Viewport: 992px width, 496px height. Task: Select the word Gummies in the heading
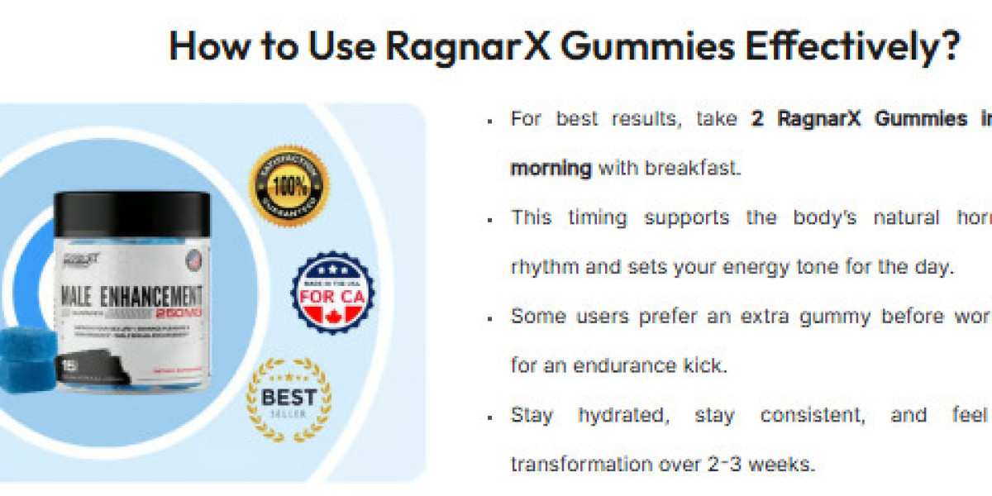[646, 47]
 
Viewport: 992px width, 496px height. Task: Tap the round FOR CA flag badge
[332, 293]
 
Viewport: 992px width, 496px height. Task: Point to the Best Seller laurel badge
[288, 399]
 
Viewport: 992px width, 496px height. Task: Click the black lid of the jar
[132, 212]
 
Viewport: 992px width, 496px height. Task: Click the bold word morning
[551, 168]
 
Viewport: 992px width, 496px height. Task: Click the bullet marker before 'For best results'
[490, 121]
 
